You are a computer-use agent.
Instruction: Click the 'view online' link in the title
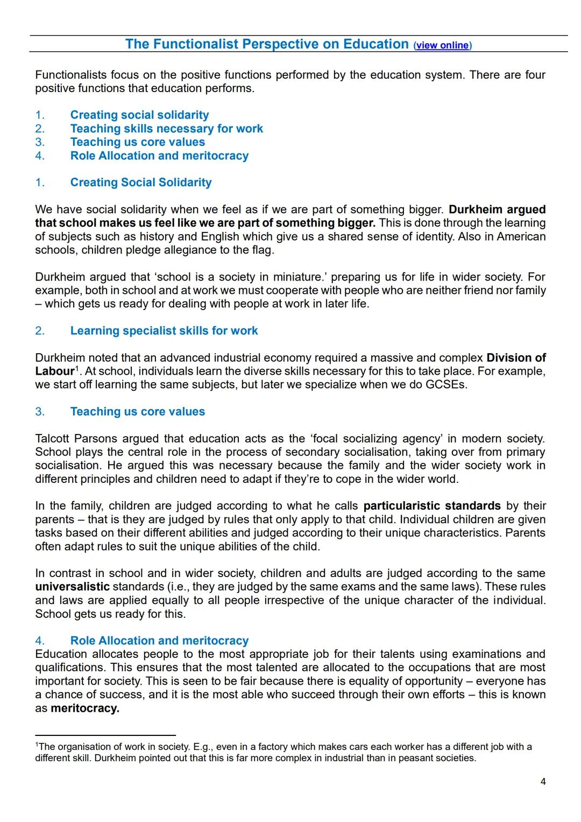443,45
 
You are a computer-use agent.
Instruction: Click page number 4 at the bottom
543,782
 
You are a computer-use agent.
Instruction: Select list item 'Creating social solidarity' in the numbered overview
139,115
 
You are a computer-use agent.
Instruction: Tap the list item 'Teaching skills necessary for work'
166,129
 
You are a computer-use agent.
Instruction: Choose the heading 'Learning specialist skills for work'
164,331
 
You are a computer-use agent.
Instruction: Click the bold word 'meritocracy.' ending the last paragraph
84,708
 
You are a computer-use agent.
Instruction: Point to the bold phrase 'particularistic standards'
431,506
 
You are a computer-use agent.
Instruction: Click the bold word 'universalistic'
72,587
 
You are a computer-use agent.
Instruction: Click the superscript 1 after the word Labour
76,369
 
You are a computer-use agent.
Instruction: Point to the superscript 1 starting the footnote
37,745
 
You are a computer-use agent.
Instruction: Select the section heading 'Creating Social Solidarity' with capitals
140,182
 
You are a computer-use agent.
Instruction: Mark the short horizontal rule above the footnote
105,735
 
